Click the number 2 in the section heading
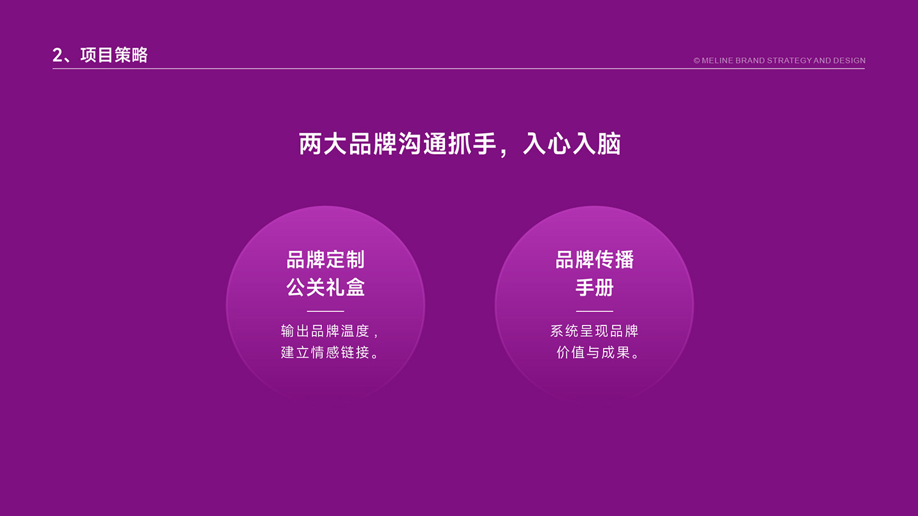[x=57, y=55]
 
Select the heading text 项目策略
[x=114, y=55]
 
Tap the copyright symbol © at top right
[x=697, y=61]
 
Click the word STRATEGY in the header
[x=789, y=61]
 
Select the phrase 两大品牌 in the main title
[x=348, y=144]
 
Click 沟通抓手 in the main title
[x=448, y=144]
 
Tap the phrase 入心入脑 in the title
[x=572, y=144]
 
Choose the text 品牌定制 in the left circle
[x=325, y=260]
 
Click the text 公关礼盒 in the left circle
[x=325, y=287]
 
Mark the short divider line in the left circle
[x=325, y=312]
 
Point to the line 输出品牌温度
[x=325, y=331]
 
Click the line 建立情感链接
[x=325, y=352]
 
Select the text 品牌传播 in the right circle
[x=595, y=260]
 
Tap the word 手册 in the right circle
[x=595, y=287]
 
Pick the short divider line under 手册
[x=595, y=312]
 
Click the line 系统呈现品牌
[x=594, y=331]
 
